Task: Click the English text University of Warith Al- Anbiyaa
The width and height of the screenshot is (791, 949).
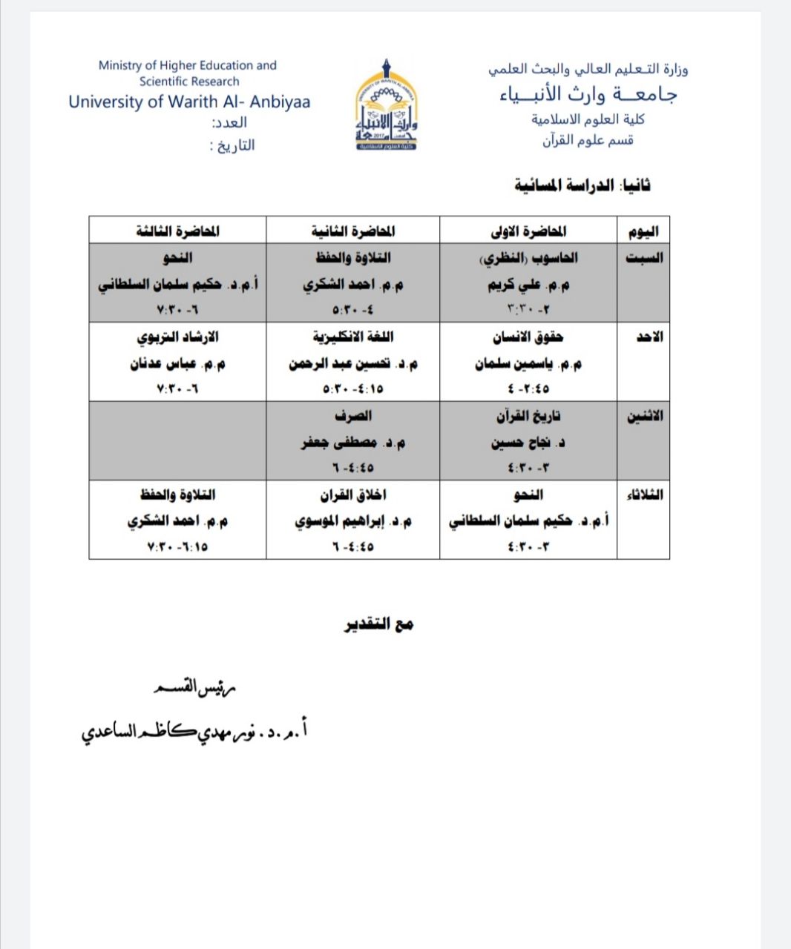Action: pyautogui.click(x=189, y=102)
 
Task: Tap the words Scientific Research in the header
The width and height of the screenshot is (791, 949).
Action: pyautogui.click(x=189, y=82)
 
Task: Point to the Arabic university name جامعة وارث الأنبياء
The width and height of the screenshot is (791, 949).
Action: pyautogui.click(x=588, y=94)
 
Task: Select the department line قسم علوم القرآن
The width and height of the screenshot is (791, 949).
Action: pyautogui.click(x=588, y=140)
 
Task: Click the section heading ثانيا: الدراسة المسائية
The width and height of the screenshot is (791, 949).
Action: pyautogui.click(x=582, y=185)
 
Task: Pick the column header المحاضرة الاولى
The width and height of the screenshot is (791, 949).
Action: pyautogui.click(x=528, y=231)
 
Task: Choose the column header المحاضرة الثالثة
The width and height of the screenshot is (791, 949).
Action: pyautogui.click(x=177, y=231)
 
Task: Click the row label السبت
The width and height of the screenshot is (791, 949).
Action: pyautogui.click(x=644, y=258)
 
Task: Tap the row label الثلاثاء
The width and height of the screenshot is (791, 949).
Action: pyautogui.click(x=644, y=495)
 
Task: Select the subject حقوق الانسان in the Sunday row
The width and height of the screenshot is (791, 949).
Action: pyautogui.click(x=528, y=337)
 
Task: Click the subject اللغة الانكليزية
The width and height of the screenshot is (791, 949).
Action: pyautogui.click(x=353, y=337)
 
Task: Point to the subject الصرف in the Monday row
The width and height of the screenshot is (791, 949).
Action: pyautogui.click(x=353, y=417)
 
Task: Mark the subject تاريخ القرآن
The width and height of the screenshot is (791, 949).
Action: pyautogui.click(x=528, y=417)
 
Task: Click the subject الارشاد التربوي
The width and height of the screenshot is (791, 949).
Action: pyautogui.click(x=177, y=337)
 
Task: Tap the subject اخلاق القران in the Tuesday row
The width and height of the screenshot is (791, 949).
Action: pyautogui.click(x=353, y=495)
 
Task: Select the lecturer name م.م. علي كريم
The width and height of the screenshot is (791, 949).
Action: pyautogui.click(x=528, y=285)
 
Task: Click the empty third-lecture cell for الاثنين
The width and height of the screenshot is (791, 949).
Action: pyautogui.click(x=177, y=441)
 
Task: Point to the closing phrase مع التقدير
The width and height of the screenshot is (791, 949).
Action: pyautogui.click(x=378, y=624)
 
